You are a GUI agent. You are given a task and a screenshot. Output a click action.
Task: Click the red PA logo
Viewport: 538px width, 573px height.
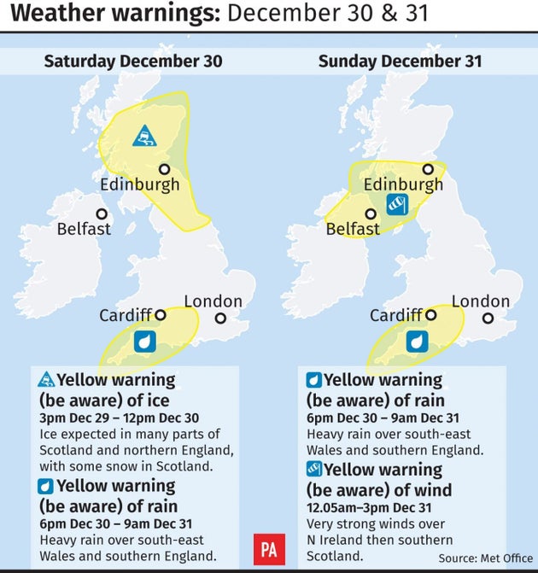point(269,549)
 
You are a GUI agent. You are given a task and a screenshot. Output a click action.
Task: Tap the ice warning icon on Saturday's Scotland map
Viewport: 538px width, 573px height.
point(144,136)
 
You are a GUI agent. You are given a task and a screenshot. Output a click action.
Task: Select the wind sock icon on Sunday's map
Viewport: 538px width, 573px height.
point(398,203)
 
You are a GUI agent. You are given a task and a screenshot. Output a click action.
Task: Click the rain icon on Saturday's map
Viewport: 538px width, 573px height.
point(144,342)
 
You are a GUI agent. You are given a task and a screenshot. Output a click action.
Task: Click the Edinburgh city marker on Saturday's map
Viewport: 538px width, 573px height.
point(163,169)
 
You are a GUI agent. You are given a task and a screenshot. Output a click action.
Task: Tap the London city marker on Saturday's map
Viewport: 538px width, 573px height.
point(220,318)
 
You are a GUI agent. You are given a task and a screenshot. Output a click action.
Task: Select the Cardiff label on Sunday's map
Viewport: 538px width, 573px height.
point(395,316)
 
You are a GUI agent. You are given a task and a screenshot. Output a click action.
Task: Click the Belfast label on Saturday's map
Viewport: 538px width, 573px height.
point(84,229)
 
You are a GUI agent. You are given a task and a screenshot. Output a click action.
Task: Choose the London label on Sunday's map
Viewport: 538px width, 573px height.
point(480,301)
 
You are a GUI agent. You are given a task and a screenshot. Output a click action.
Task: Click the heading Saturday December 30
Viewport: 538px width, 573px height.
point(133,61)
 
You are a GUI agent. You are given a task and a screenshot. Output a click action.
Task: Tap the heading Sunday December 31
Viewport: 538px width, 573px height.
point(400,61)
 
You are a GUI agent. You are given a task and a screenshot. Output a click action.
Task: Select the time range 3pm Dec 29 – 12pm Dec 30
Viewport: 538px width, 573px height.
point(120,418)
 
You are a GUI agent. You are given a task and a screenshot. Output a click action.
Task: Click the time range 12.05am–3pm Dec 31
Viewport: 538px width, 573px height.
point(382,508)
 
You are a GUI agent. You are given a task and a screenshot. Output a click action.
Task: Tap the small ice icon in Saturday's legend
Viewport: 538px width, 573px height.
point(45,380)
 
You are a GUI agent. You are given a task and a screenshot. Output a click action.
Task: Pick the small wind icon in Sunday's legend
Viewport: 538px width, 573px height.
point(314,469)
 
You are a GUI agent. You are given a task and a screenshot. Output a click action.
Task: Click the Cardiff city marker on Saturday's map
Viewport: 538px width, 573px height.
point(160,314)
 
